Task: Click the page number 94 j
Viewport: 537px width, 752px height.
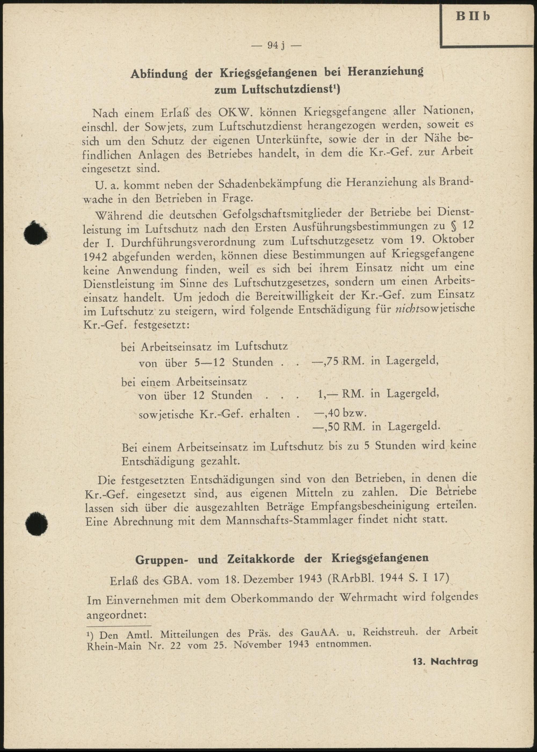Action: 277,46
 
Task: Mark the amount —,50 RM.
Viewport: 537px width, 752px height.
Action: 339,427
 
